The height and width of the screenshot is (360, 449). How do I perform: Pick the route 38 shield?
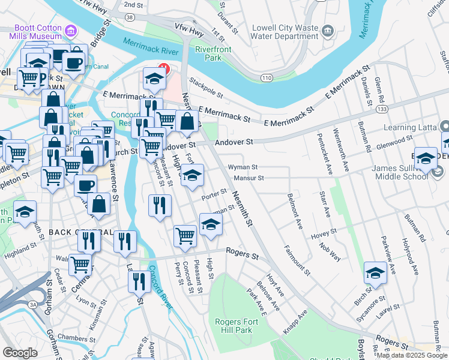click(x=130, y=17)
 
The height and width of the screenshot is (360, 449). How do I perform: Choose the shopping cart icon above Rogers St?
click(x=185, y=236)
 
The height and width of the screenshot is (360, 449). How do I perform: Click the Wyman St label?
click(x=243, y=167)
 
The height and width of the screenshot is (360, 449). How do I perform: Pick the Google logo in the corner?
click(x=20, y=353)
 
